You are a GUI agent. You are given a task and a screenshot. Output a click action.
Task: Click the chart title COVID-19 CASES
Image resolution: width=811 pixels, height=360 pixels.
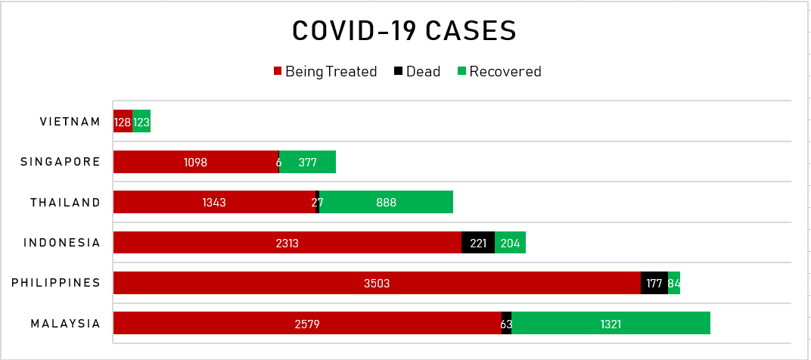click(x=405, y=31)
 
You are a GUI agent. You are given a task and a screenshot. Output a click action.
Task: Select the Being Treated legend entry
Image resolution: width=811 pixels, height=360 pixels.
click(x=325, y=72)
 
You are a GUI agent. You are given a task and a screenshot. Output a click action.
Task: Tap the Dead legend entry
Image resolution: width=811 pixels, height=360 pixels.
click(x=417, y=72)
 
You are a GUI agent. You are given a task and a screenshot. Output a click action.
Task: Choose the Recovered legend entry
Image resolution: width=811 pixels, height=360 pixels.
click(x=499, y=72)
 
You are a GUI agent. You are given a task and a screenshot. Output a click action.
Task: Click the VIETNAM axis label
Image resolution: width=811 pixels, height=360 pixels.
click(x=70, y=122)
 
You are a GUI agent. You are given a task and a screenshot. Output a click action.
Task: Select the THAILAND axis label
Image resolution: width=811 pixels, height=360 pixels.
click(x=65, y=202)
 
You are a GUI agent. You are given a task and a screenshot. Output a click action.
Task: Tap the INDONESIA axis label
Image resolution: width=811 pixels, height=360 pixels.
click(x=62, y=243)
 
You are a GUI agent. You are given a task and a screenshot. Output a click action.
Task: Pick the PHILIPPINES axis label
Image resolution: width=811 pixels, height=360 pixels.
click(x=56, y=283)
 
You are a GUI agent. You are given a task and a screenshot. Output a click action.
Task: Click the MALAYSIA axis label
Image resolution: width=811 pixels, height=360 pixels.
click(x=65, y=324)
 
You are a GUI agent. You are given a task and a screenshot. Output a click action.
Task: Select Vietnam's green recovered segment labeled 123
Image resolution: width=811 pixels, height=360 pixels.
click(x=141, y=122)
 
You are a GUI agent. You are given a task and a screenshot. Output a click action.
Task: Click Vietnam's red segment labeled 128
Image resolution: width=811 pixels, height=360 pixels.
click(x=123, y=122)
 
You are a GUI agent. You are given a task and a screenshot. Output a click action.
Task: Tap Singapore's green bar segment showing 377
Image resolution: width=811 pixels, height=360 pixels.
click(x=307, y=162)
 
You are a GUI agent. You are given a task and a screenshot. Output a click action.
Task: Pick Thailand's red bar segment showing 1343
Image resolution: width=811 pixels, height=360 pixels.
click(x=214, y=203)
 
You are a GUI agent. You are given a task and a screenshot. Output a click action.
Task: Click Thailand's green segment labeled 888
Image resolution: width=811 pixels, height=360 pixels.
click(x=386, y=203)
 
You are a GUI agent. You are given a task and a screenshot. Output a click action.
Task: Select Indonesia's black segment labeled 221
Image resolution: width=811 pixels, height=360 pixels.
click(x=478, y=243)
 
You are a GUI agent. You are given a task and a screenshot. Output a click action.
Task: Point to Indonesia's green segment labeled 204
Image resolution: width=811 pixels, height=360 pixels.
click(x=510, y=243)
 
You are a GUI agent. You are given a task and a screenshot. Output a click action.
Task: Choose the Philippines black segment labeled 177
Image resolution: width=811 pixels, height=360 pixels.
click(x=654, y=284)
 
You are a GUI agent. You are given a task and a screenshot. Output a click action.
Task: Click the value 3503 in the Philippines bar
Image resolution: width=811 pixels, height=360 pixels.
click(x=377, y=284)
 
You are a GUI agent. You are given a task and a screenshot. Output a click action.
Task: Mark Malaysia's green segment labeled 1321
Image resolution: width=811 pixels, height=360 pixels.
click(x=611, y=324)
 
